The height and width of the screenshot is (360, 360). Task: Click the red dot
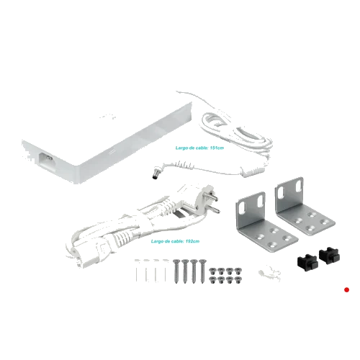click(346, 289)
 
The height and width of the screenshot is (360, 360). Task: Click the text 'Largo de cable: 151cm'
click(199, 148)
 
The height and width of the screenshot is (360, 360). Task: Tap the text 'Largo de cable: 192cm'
click(175, 241)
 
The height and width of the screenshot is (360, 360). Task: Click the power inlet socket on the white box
click(46, 159)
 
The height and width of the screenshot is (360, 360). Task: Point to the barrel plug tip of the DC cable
click(154, 175)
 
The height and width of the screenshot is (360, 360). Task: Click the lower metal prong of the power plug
click(214, 210)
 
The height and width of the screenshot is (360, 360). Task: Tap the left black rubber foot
click(307, 262)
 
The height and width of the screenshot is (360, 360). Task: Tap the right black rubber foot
click(328, 256)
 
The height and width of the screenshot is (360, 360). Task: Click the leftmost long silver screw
click(176, 271)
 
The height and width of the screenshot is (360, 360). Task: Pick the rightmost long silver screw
click(202, 271)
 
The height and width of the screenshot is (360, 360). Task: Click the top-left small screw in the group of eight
click(212, 271)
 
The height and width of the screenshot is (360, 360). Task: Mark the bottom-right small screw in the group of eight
click(238, 279)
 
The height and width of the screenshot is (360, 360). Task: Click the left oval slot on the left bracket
click(242, 207)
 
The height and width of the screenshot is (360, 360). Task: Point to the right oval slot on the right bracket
click(299, 185)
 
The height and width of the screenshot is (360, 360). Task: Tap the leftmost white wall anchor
click(138, 271)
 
